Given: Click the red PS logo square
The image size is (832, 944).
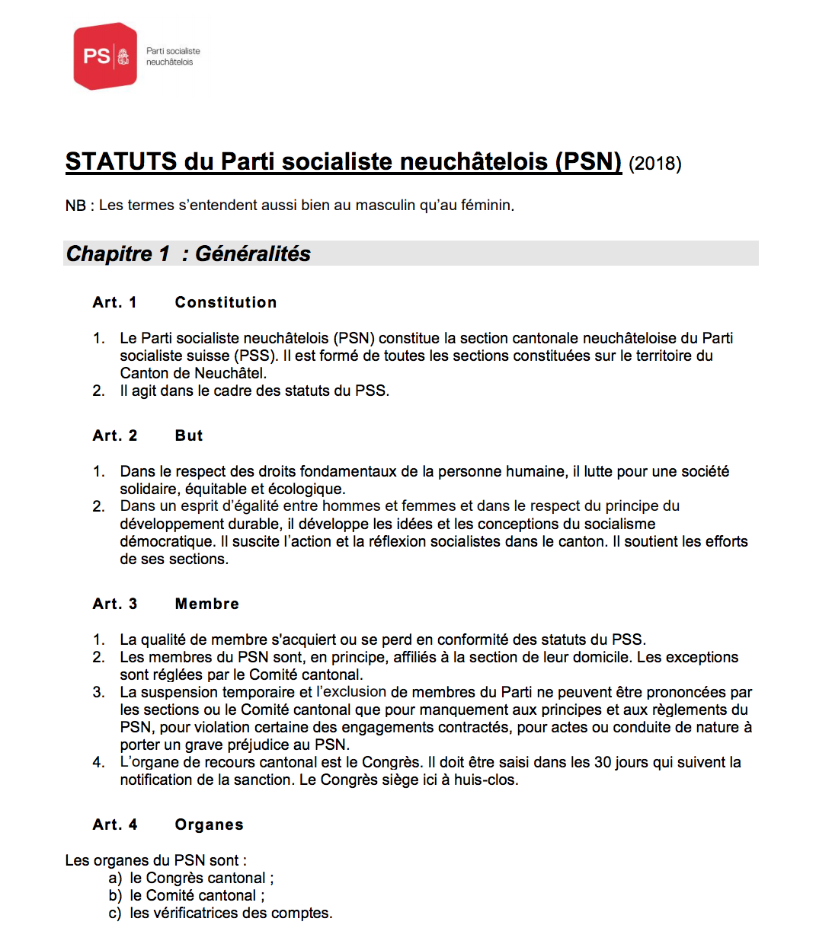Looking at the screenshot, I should point(105,56).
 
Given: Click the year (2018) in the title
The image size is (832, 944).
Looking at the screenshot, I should point(654,164).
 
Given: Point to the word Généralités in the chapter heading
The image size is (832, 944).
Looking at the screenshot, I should point(253,254).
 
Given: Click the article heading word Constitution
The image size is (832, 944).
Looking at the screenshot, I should point(226,302).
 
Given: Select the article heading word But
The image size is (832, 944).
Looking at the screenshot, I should point(189,435).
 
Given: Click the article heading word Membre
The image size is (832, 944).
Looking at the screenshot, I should point(207,604).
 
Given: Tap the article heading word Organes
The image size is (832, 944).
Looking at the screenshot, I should point(210,824).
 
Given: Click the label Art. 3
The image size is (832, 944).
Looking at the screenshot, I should point(115,604).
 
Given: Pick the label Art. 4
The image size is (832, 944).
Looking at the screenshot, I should point(115,824).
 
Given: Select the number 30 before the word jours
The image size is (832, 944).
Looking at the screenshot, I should point(603,762).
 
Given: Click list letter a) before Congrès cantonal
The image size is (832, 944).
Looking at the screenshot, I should point(115,878).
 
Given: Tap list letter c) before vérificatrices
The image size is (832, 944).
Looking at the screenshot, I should point(115,913).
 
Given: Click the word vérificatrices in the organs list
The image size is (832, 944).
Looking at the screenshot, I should point(192,913).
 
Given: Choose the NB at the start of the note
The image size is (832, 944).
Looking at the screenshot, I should point(75,206).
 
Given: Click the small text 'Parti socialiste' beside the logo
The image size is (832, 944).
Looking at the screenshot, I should point(173,51).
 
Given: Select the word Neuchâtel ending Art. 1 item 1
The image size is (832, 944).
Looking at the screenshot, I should point(229,373).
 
